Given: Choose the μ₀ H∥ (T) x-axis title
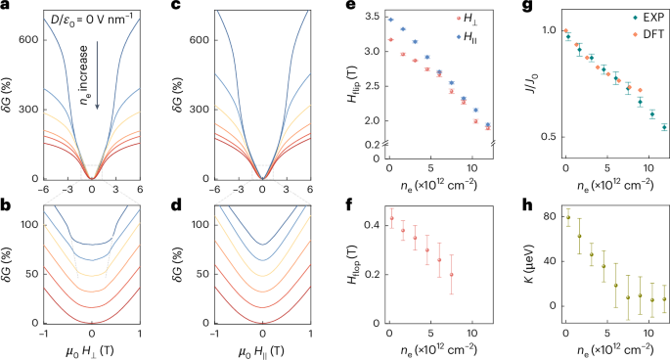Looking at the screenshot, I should click(x=262, y=350).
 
